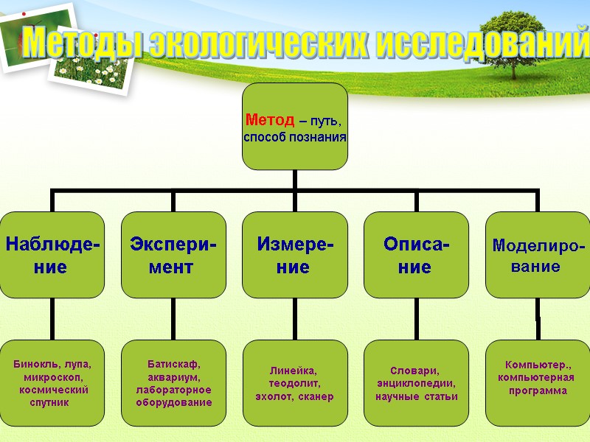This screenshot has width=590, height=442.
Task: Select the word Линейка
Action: pos(292,371)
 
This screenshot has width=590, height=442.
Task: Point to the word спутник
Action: pos(49,402)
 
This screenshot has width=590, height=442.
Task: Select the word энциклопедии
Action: pos(416,383)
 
